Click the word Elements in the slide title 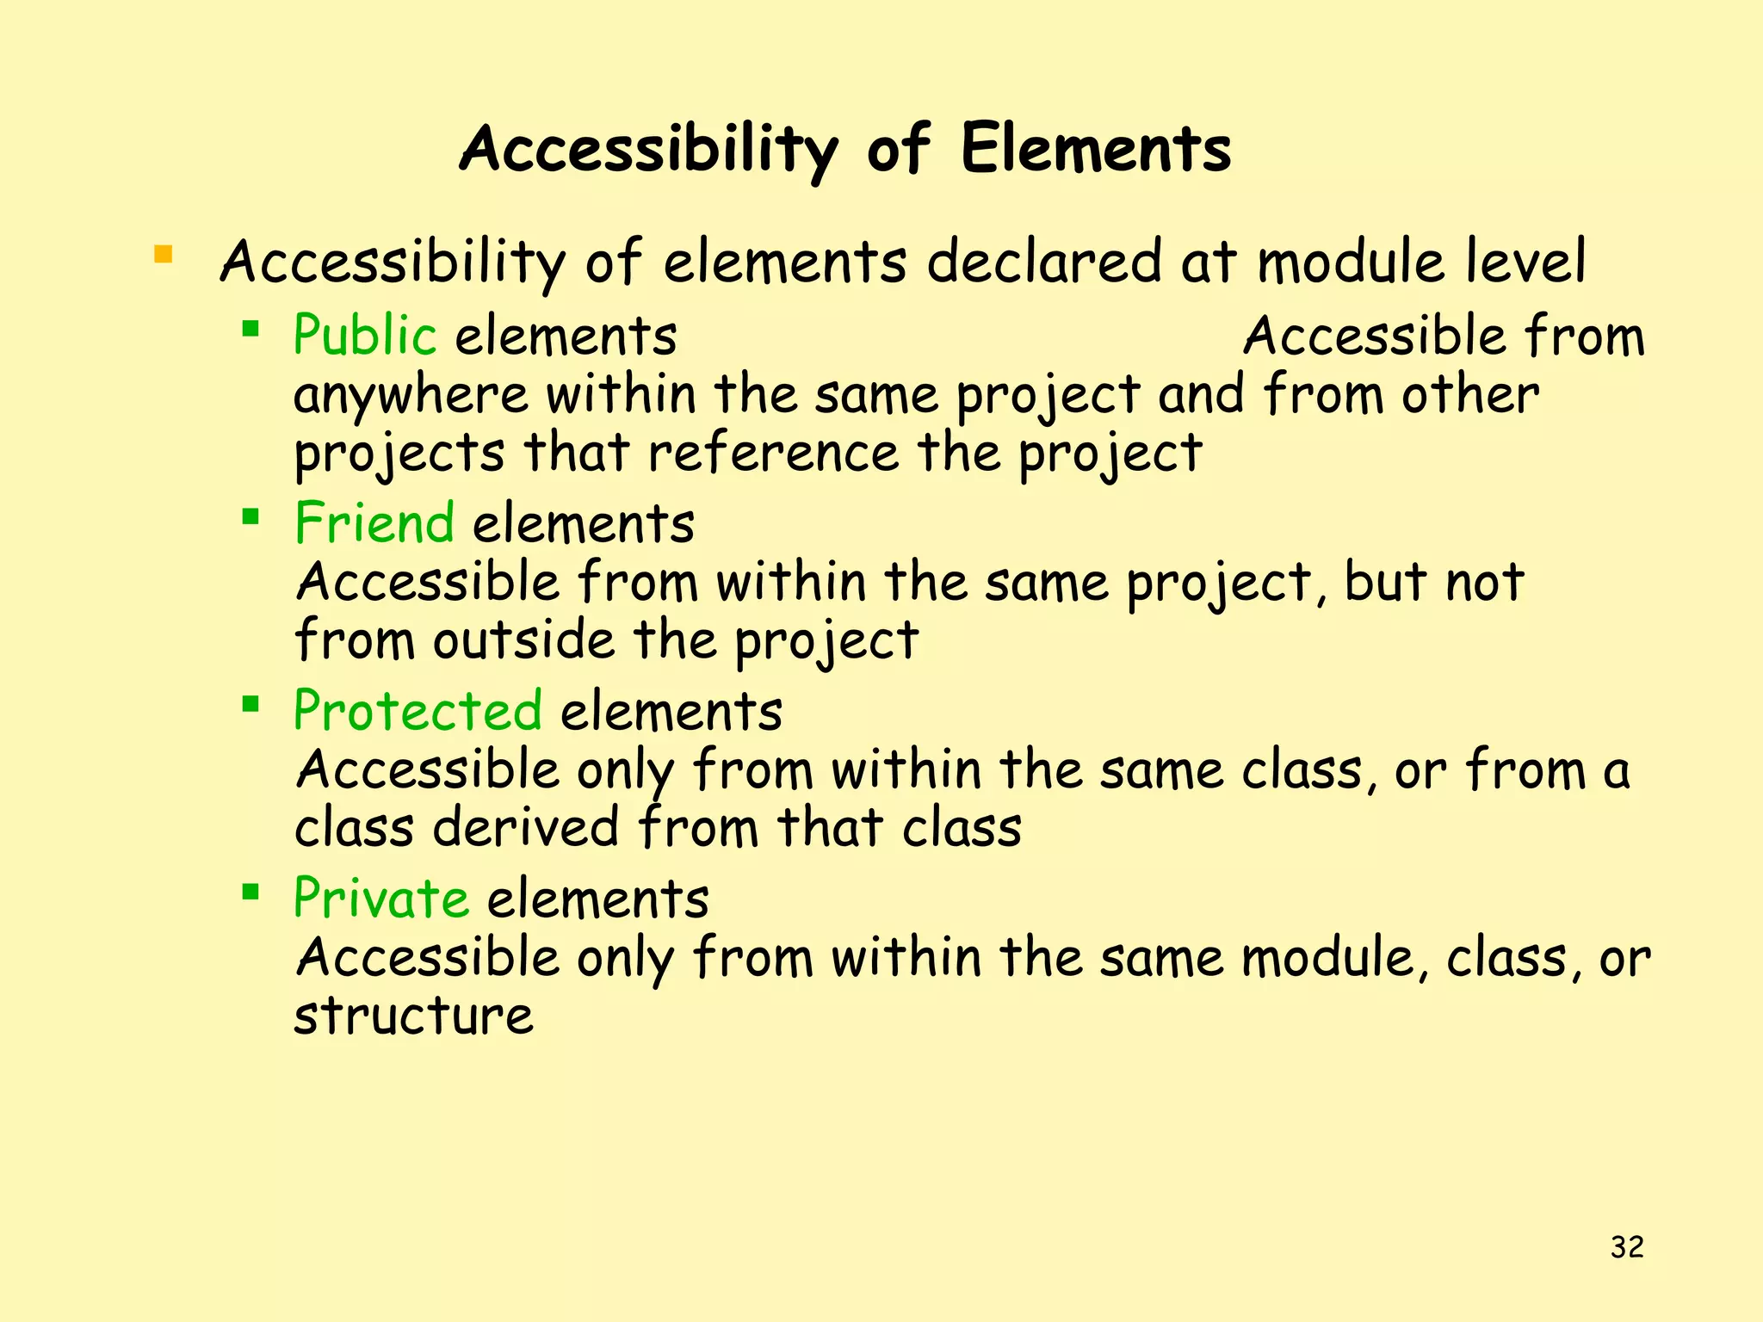point(1095,149)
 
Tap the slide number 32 point(1627,1246)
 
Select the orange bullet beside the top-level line point(163,255)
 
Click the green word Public point(365,335)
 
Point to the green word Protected point(418,711)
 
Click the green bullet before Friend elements point(251,516)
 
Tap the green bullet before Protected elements point(251,705)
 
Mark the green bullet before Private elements point(251,892)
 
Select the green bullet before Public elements point(251,328)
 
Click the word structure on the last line point(413,1016)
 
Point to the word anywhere point(411,397)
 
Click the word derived point(525,828)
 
